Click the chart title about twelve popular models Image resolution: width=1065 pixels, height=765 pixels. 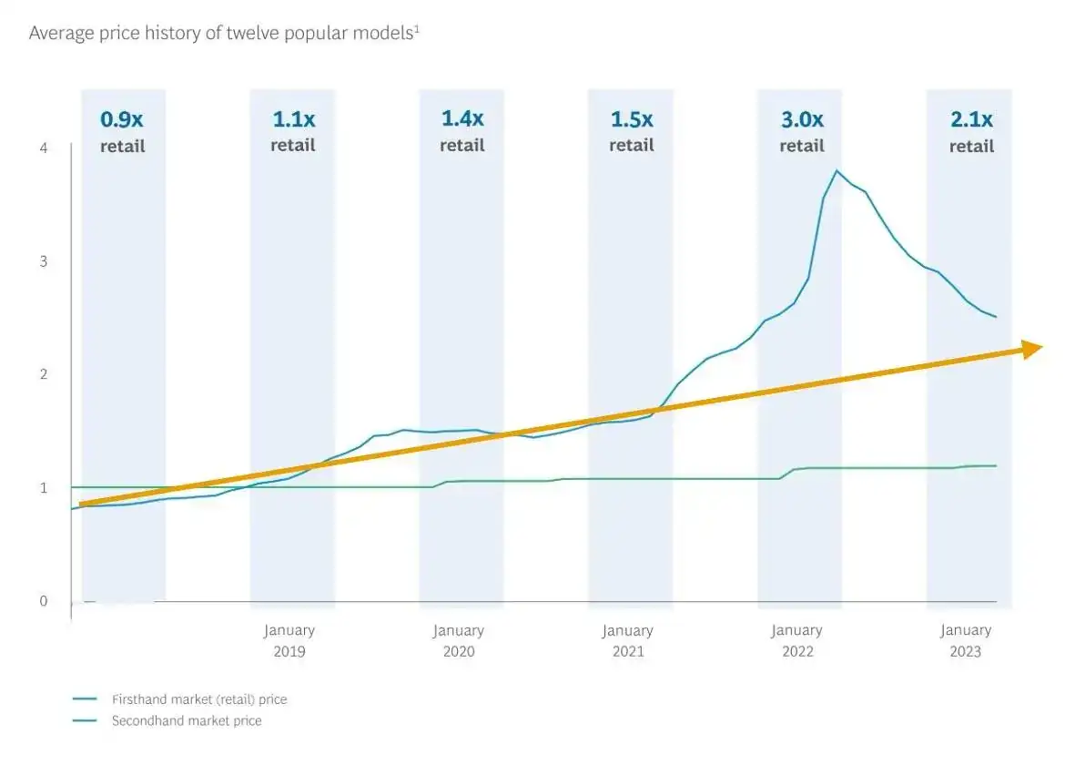(x=224, y=33)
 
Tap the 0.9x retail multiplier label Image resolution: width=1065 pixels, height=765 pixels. (x=123, y=131)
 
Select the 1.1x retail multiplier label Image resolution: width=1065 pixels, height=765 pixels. (x=292, y=131)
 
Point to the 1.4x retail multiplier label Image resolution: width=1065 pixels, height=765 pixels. (x=461, y=131)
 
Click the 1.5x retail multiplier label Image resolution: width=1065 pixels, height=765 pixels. (x=631, y=131)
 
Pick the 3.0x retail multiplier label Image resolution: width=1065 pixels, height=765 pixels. (x=801, y=131)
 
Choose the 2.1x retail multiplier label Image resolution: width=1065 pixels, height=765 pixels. (x=971, y=131)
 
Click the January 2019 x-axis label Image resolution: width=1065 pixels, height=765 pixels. (x=289, y=640)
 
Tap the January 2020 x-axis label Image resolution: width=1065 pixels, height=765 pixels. (x=458, y=640)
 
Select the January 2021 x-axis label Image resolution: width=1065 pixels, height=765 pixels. (x=627, y=640)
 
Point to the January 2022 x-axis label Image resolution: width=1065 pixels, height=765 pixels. (x=796, y=640)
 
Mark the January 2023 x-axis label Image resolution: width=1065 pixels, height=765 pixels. (x=966, y=640)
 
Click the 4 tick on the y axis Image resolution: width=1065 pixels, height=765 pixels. (x=45, y=148)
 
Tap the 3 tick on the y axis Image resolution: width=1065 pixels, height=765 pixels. (x=45, y=261)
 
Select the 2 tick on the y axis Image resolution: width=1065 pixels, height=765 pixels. (x=45, y=374)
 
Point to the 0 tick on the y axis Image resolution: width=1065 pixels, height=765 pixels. (x=45, y=600)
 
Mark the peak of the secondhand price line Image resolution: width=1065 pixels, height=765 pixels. (x=837, y=170)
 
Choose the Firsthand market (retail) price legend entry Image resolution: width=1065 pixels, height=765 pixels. (x=198, y=699)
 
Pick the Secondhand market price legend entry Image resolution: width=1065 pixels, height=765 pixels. (x=186, y=720)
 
